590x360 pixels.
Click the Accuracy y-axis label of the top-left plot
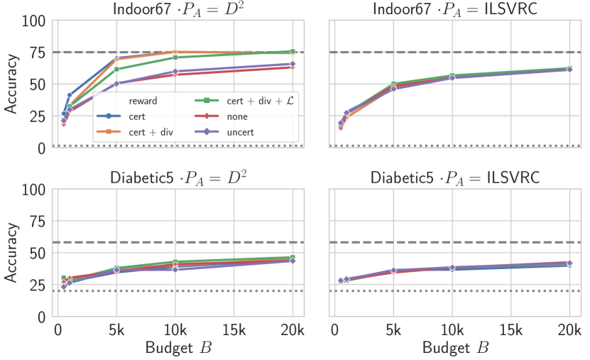[x=12, y=84]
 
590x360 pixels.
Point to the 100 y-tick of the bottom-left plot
[x=35, y=190]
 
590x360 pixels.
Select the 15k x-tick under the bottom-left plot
[x=234, y=330]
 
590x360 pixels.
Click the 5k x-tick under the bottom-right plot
[x=393, y=330]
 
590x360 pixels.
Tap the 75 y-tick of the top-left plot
[x=39, y=53]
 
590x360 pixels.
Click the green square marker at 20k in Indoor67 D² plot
[x=293, y=51]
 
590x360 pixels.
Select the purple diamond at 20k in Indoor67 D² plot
[x=293, y=64]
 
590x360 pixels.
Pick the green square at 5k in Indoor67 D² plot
[x=117, y=69]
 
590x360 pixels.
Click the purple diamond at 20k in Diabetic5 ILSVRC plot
[x=569, y=263]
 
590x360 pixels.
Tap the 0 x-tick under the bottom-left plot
[x=58, y=330]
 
